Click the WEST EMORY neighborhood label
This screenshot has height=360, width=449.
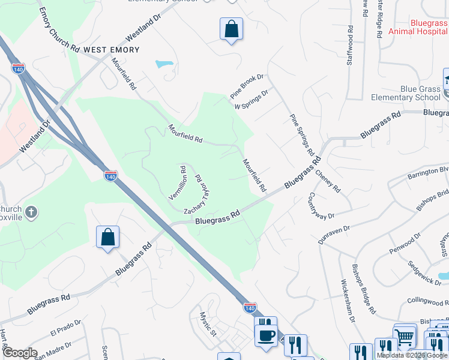tap(111, 50)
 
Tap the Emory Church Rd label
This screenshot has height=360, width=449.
tap(59, 29)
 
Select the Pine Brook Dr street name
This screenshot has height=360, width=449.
tap(247, 86)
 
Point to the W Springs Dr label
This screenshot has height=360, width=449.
tap(251, 99)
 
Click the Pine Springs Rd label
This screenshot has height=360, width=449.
tap(303, 134)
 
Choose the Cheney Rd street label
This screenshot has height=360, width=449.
tap(328, 180)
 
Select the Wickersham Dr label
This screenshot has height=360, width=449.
tap(349, 300)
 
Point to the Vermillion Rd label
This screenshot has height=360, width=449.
tap(178, 183)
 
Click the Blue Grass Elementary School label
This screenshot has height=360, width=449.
tap(405, 93)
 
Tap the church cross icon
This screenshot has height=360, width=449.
tap(32, 211)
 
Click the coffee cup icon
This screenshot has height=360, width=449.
tap(265, 334)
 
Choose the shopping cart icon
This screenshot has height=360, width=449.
tap(404, 336)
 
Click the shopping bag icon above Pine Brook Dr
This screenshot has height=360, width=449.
tap(231, 29)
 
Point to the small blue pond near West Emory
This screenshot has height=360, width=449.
tap(164, 64)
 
